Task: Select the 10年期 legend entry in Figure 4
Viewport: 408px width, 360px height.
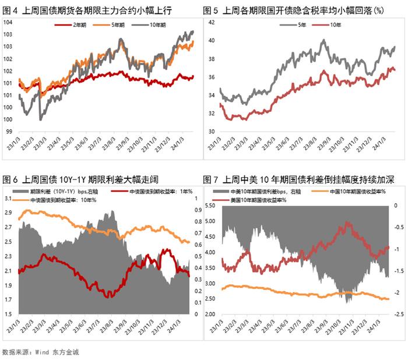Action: tap(154, 25)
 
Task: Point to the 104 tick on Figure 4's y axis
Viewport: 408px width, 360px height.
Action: tap(8, 22)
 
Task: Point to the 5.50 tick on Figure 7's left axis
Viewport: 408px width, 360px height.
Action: tap(213, 206)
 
